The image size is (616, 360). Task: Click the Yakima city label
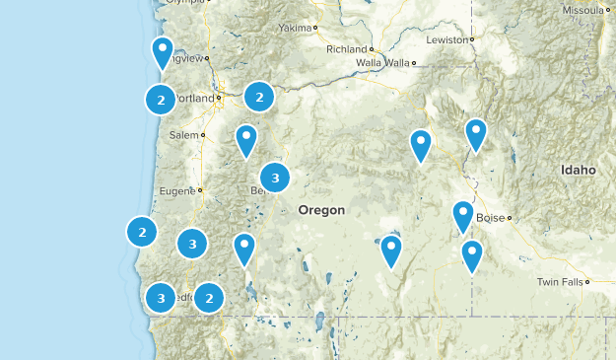point(294,28)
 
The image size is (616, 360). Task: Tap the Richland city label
point(346,48)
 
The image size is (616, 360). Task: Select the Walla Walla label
point(382,63)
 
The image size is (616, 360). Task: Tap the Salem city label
point(183,134)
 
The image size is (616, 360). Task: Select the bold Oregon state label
point(321,210)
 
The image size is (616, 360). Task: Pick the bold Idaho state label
point(579,170)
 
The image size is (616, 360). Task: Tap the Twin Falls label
point(559,281)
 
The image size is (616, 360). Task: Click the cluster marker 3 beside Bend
point(275,179)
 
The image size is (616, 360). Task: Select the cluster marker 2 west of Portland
point(161,99)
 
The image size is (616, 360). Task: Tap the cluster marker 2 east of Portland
point(258,97)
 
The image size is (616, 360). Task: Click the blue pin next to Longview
point(163,50)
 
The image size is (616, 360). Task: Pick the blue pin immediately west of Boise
point(463,214)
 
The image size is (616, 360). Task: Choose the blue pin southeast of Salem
point(246,139)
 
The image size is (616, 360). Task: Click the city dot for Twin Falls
point(586,281)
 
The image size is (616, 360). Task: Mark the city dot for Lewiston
point(472,40)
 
